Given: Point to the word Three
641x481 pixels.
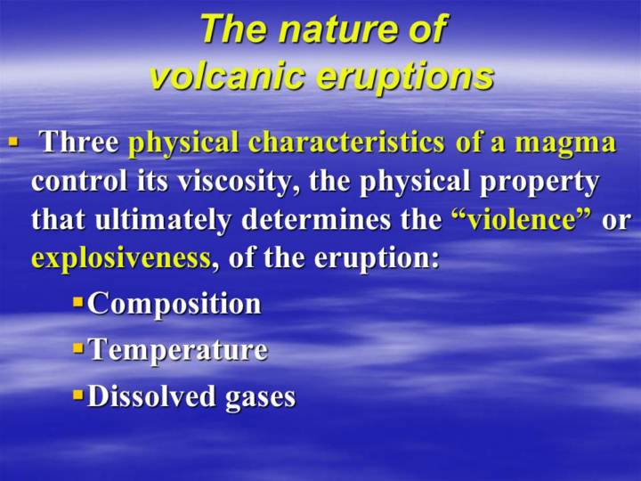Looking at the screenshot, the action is (80, 142).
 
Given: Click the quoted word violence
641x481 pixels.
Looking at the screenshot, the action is (521, 219).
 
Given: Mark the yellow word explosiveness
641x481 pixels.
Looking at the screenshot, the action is (121, 258).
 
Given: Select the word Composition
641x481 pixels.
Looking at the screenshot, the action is (174, 305).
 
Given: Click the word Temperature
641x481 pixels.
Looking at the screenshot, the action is (178, 351).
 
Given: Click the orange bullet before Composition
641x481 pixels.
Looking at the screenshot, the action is (77, 303).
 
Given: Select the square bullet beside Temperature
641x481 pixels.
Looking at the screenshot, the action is (77, 349).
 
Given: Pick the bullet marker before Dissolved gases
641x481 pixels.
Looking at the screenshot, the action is (77, 395).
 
